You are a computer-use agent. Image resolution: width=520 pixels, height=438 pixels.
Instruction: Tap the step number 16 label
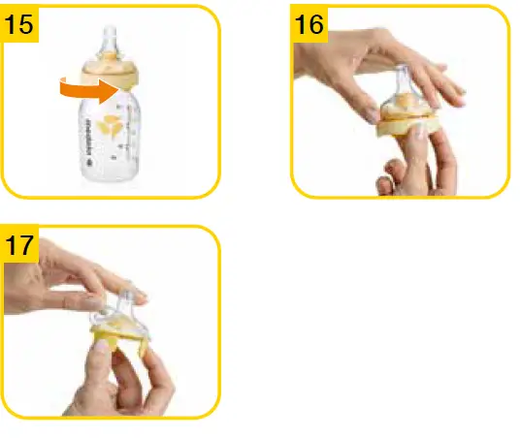point(309,24)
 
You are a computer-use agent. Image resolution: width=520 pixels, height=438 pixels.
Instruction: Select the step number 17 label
point(20,245)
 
